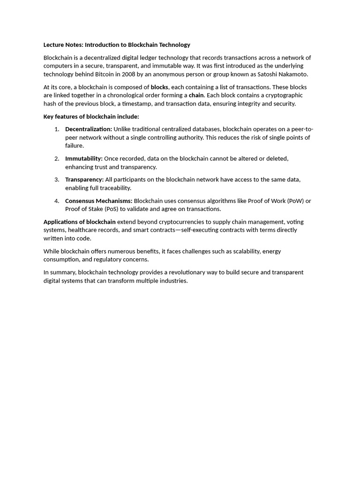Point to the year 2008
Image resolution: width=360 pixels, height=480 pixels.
click(x=129, y=74)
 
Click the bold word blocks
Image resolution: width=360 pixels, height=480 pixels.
click(x=159, y=87)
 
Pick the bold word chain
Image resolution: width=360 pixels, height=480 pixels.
click(x=196, y=95)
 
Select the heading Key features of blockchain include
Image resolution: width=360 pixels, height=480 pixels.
click(x=91, y=117)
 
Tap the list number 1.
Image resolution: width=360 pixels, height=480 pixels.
click(x=57, y=129)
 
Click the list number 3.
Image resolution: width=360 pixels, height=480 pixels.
click(x=57, y=180)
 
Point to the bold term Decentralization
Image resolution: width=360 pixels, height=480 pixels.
click(x=89, y=129)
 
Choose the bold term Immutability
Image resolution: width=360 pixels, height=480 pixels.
click(x=84, y=159)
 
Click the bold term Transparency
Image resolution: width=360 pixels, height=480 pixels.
click(x=84, y=180)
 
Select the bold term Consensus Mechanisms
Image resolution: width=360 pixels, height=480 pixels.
click(x=99, y=201)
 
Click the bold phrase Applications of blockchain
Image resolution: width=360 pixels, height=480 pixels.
click(x=80, y=222)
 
